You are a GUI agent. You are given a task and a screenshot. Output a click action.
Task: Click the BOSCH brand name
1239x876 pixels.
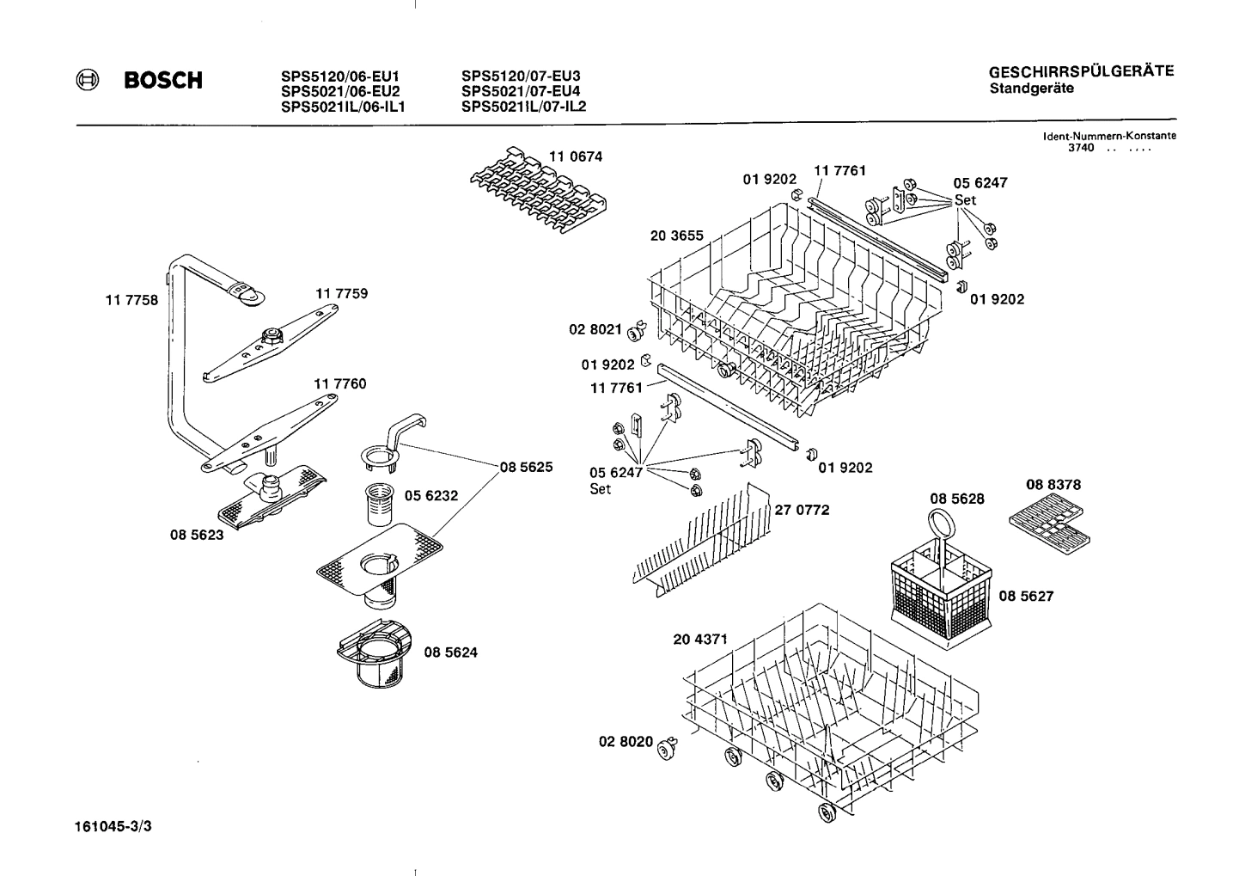pos(163,81)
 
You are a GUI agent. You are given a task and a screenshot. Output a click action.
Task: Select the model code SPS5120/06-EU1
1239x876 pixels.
pos(340,76)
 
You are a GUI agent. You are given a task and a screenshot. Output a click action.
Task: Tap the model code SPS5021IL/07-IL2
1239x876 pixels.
pos(523,107)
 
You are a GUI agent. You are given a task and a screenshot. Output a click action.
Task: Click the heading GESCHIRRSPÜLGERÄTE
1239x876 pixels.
pos(1081,72)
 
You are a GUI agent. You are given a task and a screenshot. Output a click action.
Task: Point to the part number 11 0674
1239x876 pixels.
pos(576,156)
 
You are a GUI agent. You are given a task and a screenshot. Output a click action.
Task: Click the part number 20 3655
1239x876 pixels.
pos(676,236)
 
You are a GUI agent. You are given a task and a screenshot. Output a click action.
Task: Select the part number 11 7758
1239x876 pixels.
pos(131,301)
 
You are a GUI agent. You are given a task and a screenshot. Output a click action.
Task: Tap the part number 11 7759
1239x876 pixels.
pos(341,293)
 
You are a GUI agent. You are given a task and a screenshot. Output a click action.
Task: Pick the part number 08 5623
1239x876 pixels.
pos(196,534)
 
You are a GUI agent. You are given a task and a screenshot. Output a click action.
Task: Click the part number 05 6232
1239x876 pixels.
pos(431,495)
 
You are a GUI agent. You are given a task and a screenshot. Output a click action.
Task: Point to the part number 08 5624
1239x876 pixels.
pos(450,652)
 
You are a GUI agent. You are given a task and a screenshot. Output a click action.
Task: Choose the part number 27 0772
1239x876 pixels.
pos(802,510)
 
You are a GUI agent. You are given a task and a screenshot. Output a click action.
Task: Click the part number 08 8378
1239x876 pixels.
pos(1053,485)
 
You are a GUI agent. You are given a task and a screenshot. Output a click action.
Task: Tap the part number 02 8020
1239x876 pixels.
pos(626,741)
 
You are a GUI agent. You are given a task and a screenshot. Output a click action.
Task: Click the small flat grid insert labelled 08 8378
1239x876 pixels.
pos(1049,527)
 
